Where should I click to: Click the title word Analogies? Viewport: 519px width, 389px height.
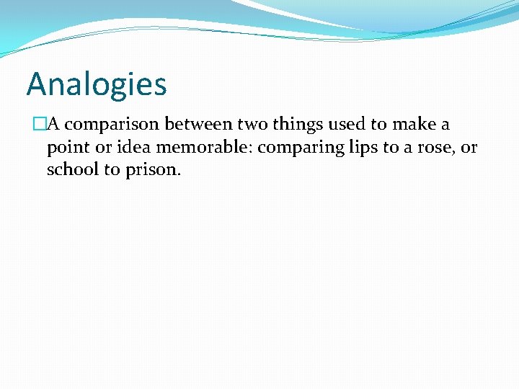(97, 85)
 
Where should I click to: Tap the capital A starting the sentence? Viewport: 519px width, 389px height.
(53, 125)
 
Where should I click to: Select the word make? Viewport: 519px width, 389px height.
(414, 125)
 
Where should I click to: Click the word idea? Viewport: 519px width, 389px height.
(130, 147)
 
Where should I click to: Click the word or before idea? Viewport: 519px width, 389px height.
(103, 148)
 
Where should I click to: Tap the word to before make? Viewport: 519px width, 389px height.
(378, 125)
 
